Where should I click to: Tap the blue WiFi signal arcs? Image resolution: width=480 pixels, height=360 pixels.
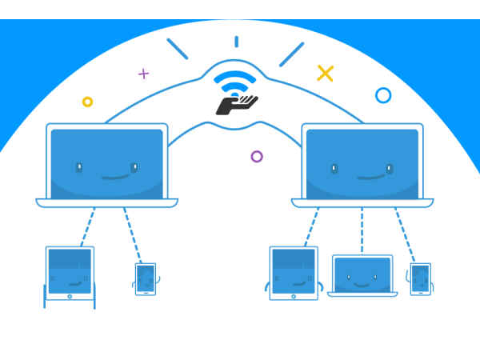[x=238, y=83]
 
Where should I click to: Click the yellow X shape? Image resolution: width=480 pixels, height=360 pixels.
[x=325, y=74]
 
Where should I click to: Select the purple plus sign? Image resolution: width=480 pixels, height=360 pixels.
[x=143, y=74]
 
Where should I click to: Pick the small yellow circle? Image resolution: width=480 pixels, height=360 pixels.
[x=87, y=102]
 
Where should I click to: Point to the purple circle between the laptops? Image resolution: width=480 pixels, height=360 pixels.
[x=257, y=156]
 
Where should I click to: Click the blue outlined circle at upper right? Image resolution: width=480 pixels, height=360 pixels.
[x=383, y=95]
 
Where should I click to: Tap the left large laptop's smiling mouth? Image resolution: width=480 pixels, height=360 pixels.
[x=107, y=176]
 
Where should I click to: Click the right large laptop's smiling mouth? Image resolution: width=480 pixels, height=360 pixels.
[x=362, y=176]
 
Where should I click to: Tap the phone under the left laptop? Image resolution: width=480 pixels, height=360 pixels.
[x=146, y=279]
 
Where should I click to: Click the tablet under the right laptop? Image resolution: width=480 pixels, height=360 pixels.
[x=294, y=273]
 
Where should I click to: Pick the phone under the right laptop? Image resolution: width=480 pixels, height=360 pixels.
[x=420, y=279]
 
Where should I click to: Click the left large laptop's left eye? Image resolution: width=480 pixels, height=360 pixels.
[x=79, y=167]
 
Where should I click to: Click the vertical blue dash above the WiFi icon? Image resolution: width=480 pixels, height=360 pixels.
[x=236, y=42]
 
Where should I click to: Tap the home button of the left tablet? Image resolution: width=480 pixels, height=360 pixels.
[x=70, y=296]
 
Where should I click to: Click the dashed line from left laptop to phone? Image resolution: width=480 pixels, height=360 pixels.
[x=133, y=234]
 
